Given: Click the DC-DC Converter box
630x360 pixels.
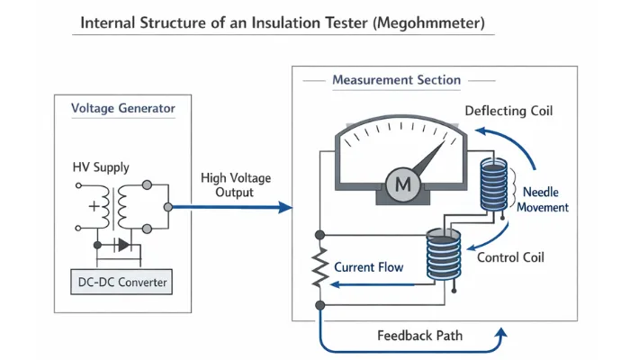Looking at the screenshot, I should point(122,283).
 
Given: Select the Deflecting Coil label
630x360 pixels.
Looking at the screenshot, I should point(508,112).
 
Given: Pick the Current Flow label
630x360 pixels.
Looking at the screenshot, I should point(369,267).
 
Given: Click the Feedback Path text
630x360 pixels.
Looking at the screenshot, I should point(420,335).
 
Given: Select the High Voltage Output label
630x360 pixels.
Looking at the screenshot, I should point(236,185).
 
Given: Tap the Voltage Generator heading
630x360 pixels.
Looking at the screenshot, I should point(123,109).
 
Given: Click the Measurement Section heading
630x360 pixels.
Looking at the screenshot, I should point(396,80).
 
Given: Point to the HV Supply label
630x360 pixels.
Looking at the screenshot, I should point(101,167).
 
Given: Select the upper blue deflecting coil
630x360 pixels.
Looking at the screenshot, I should point(492,185).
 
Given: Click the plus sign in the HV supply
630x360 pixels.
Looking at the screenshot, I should point(94,206).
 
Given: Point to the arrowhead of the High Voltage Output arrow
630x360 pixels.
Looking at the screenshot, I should point(287,208).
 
